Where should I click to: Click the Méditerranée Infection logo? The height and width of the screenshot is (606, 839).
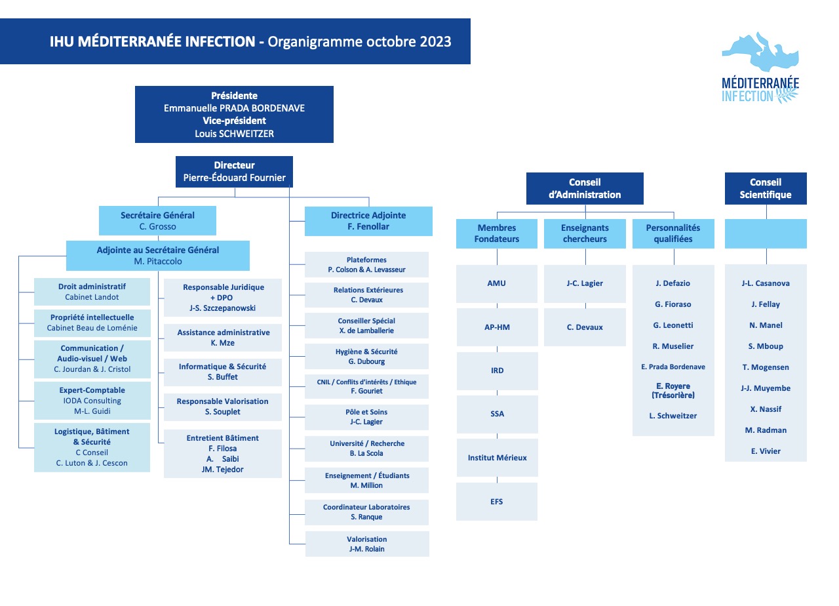click(760, 68)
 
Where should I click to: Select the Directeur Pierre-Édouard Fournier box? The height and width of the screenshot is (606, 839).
click(234, 172)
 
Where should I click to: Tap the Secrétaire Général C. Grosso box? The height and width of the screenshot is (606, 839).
click(157, 221)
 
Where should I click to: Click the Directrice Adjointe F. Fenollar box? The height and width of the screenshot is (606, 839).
click(368, 221)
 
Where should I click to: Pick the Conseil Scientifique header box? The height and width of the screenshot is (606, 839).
click(766, 188)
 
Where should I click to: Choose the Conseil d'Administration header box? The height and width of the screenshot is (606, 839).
click(585, 188)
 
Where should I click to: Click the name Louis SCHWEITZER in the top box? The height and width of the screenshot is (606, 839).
click(234, 134)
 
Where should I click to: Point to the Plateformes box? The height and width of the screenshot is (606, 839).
click(366, 264)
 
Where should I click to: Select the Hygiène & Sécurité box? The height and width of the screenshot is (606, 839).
click(366, 356)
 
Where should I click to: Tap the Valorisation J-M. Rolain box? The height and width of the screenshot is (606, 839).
click(367, 544)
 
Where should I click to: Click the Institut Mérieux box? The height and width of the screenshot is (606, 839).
click(497, 458)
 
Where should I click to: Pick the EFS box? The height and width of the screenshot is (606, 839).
click(497, 502)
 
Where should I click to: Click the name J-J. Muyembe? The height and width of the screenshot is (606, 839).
click(766, 388)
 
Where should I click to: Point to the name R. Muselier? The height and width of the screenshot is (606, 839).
click(673, 346)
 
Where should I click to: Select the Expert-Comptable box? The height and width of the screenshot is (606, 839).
click(92, 401)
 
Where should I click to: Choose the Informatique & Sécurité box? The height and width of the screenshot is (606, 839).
click(222, 372)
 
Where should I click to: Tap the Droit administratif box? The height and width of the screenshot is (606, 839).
click(92, 292)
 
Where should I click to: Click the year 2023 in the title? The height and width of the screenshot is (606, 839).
click(435, 41)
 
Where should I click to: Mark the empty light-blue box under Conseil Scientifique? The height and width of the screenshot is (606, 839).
click(766, 234)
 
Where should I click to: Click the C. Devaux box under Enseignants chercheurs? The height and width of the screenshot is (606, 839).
click(585, 327)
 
